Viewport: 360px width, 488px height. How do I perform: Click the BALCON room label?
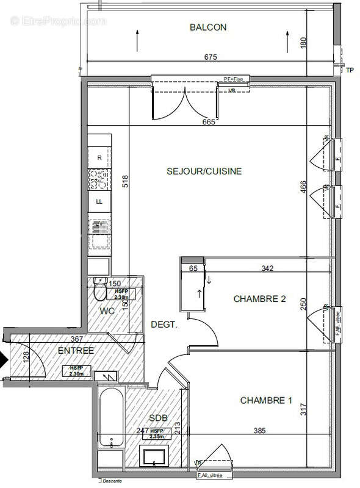coord(208,27)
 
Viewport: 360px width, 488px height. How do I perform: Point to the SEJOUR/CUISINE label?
coord(204,171)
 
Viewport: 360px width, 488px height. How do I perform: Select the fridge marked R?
coord(99,157)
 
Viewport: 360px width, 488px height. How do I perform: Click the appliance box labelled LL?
coord(99,201)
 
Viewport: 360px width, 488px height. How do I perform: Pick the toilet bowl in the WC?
coord(101,293)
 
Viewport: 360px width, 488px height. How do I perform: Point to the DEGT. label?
coord(164,325)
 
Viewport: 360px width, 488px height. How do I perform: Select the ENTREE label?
coord(76,351)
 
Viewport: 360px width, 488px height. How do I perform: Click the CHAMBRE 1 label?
coord(265,401)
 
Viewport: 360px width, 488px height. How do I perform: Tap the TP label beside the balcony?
coord(350,71)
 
